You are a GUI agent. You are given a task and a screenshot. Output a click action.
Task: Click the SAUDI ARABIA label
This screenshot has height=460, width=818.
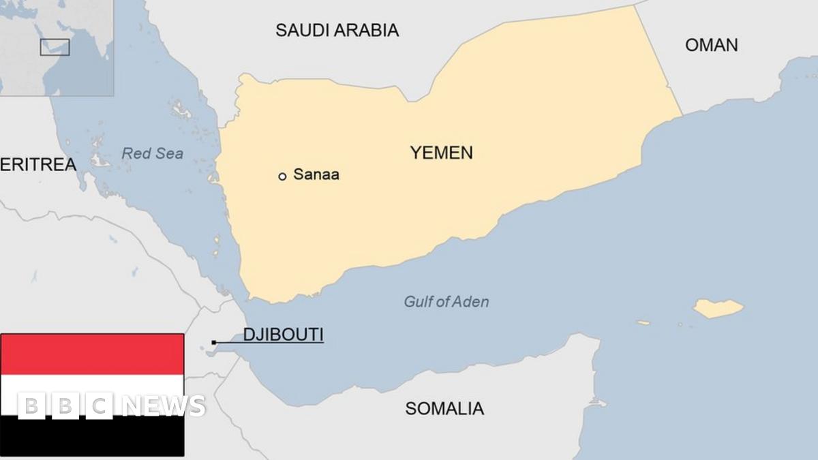(x=337, y=30)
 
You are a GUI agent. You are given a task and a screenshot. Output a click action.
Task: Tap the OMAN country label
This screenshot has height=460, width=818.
(x=711, y=45)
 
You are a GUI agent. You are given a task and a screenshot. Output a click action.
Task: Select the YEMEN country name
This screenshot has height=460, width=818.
(x=441, y=153)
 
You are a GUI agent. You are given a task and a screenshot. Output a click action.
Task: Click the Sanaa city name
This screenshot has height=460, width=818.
(x=316, y=174)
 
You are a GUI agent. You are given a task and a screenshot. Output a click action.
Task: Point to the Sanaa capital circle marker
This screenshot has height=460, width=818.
(x=282, y=177)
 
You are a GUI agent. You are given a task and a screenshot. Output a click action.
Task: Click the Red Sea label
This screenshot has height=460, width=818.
(x=152, y=154)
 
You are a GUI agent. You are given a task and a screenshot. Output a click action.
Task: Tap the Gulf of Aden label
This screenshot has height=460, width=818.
(x=446, y=301)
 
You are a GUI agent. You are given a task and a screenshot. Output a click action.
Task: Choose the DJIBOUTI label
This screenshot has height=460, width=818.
(x=283, y=335)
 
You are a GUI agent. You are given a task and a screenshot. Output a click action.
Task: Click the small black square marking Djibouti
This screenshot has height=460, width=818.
(x=214, y=342)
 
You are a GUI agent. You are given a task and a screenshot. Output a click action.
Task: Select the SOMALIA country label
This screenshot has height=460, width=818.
(x=444, y=408)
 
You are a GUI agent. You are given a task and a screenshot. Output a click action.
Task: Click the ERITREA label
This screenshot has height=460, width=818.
(x=38, y=164)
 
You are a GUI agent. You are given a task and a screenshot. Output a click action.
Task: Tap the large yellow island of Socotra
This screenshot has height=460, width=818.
(x=718, y=309)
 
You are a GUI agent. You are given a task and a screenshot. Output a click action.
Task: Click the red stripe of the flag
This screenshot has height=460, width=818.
(x=92, y=354)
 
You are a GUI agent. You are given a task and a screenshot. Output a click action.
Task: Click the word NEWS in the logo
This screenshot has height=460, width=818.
(x=164, y=405)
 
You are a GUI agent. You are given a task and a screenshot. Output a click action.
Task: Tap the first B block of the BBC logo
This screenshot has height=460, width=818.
(x=30, y=405)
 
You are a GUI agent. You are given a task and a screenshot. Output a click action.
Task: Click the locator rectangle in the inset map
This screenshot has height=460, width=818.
(x=55, y=47)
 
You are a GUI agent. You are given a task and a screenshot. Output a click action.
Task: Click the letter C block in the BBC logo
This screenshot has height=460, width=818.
(x=99, y=405)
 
